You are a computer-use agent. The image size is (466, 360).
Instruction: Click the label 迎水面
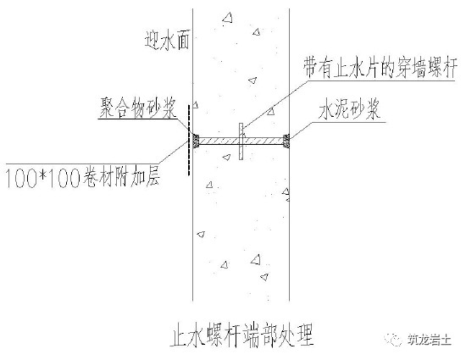167,39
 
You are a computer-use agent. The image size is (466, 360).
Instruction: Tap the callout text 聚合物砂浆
138,108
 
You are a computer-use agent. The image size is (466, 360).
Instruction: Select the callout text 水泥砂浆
349,108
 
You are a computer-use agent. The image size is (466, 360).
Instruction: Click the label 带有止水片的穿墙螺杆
380,68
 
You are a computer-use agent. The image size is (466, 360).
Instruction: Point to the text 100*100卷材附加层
83,178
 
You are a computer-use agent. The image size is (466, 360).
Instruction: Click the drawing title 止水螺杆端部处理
242,336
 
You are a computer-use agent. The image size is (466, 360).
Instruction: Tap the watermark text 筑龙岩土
429,340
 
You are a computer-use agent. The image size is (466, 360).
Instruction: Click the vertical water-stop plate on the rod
241,141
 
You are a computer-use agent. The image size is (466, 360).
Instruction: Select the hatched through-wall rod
241,141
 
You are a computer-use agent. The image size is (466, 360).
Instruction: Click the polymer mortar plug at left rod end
196,141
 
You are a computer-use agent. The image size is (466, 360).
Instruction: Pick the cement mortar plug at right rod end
286,141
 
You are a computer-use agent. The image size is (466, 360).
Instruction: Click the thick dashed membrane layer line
189,140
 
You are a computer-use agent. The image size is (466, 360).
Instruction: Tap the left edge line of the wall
193,154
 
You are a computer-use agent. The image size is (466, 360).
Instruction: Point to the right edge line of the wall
290,154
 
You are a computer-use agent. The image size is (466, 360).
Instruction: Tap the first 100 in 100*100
19,179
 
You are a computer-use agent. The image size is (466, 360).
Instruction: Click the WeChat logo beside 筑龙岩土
393,340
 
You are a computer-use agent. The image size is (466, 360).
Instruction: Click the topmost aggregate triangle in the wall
228,18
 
